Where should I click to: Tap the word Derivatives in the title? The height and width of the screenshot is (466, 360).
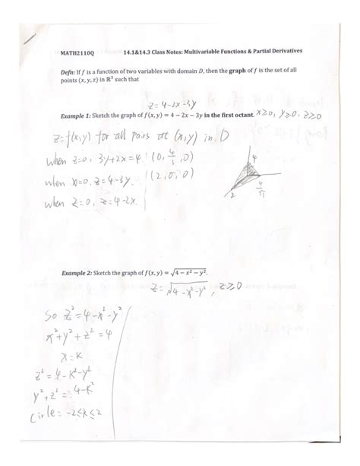coord(284,52)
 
